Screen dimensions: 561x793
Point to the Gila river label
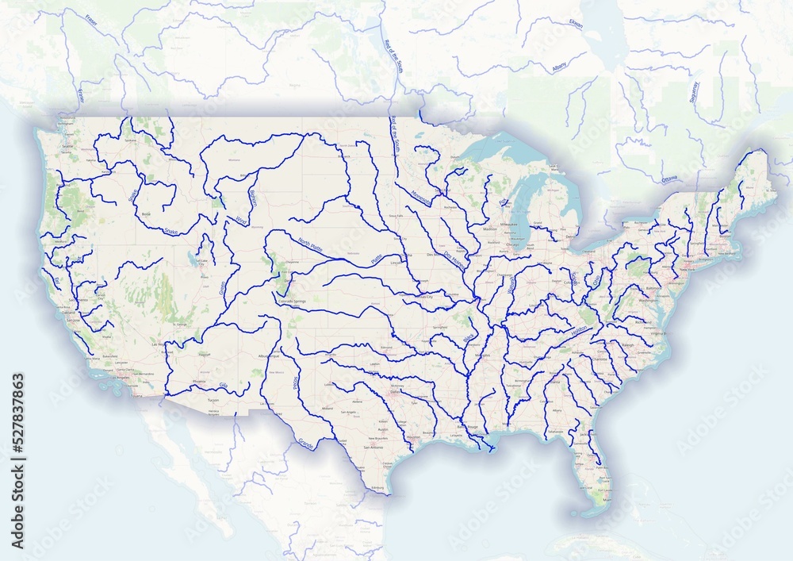[223, 386]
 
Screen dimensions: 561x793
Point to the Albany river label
[560, 68]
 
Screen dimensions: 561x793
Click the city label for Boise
[145, 214]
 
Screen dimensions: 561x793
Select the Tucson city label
[212, 400]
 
